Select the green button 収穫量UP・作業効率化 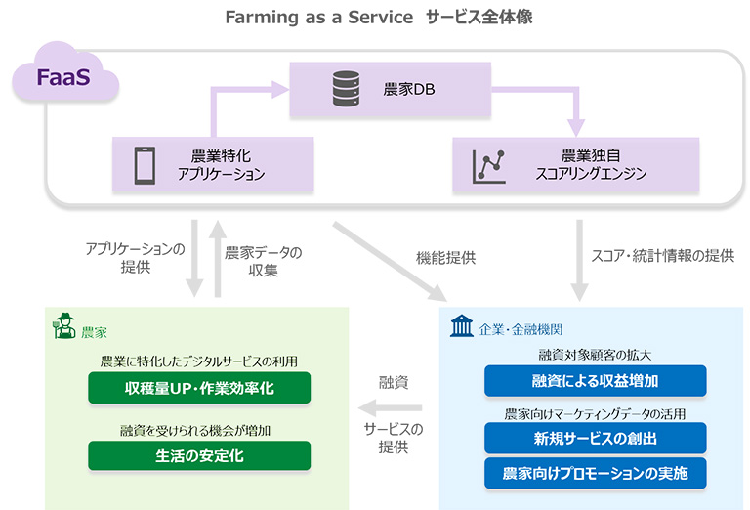199,388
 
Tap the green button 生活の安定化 199,455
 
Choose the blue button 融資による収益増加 595,380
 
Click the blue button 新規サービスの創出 595,438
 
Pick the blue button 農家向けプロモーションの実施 595,473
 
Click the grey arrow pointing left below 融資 390,407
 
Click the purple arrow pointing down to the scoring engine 576,112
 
